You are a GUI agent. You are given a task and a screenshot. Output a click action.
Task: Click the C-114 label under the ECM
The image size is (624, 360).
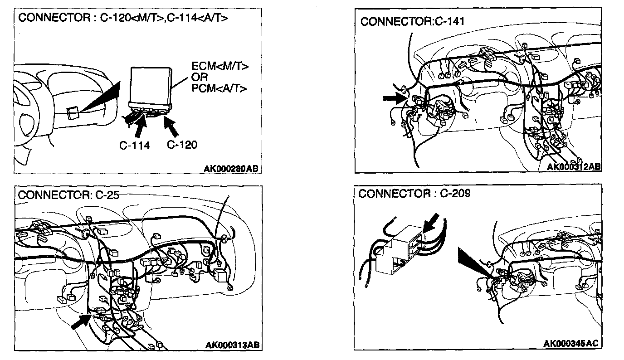click(135, 145)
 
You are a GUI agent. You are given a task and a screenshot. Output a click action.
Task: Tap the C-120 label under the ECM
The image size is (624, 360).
click(182, 145)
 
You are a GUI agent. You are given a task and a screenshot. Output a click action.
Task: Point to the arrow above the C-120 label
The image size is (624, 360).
click(173, 126)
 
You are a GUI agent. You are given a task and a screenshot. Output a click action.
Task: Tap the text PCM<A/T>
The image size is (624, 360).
click(219, 88)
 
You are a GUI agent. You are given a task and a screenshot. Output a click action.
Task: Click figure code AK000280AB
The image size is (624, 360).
click(231, 169)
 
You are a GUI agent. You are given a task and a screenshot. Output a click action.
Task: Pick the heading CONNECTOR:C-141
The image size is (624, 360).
click(412, 22)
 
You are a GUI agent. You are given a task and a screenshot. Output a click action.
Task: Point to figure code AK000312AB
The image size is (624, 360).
click(574, 167)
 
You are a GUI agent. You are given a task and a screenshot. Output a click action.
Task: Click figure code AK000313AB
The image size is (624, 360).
click(233, 345)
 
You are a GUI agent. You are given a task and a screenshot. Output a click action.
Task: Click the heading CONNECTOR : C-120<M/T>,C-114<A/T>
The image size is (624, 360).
click(123, 18)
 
